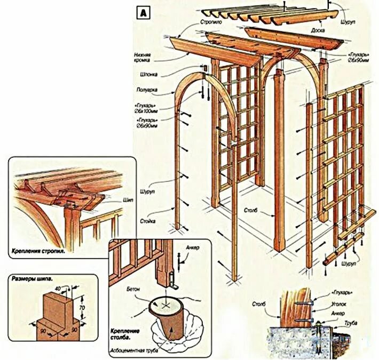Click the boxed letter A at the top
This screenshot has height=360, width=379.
143,13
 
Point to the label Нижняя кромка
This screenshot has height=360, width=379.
146,58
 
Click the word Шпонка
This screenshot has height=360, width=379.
149,75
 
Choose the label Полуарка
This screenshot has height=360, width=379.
147,90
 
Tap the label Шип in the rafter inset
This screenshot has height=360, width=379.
128,199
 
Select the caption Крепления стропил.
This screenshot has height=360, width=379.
38,249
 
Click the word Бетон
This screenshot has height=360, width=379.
134,289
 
